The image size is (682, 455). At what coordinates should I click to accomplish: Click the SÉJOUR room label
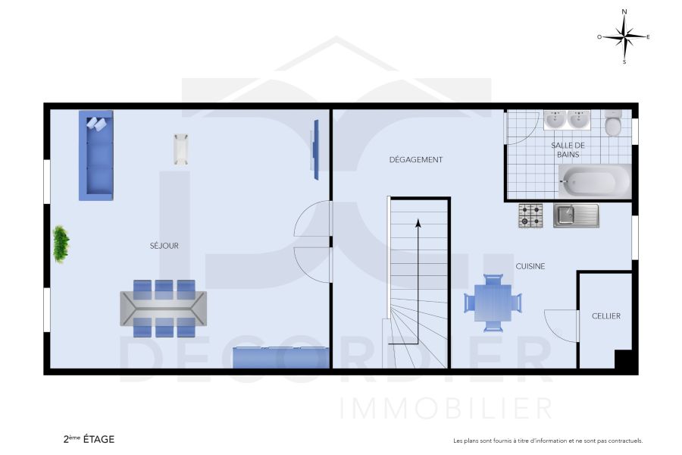tap(164, 246)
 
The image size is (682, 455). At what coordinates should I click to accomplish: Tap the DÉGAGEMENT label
tap(415, 160)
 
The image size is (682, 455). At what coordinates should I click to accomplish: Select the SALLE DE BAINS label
tap(568, 149)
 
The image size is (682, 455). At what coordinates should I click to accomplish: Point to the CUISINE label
tap(530, 266)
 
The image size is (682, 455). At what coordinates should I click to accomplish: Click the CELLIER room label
tap(606, 316)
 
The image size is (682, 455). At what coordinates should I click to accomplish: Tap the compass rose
tap(624, 36)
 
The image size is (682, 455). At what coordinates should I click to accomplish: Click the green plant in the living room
tap(61, 244)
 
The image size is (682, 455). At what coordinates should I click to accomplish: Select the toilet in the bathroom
tap(613, 124)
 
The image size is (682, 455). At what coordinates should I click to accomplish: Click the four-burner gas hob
tap(530, 215)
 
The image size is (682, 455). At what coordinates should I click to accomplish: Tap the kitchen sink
tap(576, 215)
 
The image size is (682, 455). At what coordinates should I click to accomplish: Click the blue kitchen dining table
tap(493, 303)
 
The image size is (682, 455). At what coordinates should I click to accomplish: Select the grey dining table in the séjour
tap(164, 309)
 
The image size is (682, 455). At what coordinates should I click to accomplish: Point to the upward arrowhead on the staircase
tap(418, 222)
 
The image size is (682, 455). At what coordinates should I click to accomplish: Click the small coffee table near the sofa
tap(180, 149)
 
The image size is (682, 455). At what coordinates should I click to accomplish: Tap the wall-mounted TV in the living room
tap(315, 149)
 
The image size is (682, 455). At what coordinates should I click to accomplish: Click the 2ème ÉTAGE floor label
tap(89, 439)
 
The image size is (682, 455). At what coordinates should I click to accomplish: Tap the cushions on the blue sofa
tap(96, 123)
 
